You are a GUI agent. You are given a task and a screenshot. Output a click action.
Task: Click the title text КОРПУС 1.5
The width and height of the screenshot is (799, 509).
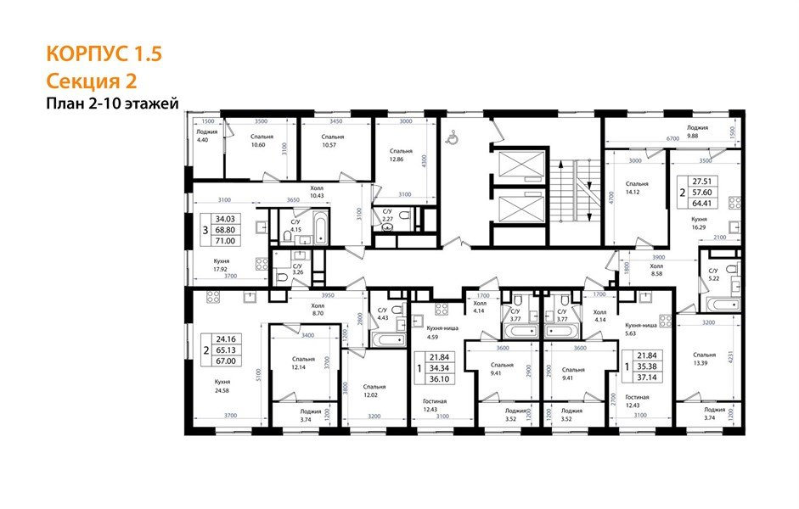[104, 55]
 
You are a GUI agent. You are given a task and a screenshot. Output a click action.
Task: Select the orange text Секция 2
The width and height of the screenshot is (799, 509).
[92, 81]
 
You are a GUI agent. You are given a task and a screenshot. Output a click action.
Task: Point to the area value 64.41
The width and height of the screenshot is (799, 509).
[701, 204]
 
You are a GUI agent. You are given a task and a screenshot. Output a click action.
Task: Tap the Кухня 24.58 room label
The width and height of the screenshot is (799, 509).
[222, 388]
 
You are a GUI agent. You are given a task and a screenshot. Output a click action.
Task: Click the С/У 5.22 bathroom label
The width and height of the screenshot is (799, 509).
[714, 274]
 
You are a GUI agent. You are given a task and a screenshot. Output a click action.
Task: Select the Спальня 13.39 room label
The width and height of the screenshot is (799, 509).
[704, 359]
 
